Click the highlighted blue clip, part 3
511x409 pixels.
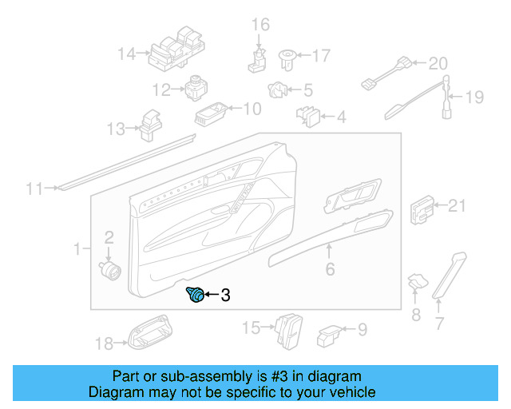point(194,296)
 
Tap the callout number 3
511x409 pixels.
point(225,296)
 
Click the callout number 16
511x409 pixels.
point(261,25)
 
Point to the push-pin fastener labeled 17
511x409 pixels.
point(287,57)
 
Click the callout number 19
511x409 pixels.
point(474,97)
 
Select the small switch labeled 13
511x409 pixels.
point(149,121)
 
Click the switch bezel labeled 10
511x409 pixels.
point(211,113)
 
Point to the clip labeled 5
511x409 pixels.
point(279,91)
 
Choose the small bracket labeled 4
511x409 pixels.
point(311,117)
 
